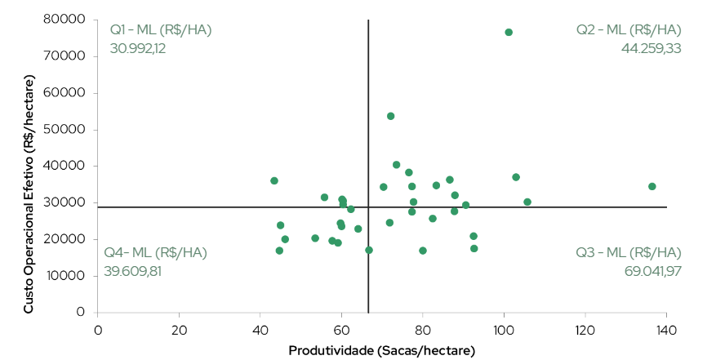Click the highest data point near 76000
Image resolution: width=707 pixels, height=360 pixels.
509,33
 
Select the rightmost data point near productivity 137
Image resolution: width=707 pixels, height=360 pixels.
652,187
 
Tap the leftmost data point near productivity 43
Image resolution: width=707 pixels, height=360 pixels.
274,181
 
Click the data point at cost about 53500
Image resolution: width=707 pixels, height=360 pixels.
390,117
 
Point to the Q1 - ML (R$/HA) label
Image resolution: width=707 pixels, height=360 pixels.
161,30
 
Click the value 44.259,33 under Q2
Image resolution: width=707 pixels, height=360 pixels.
651,48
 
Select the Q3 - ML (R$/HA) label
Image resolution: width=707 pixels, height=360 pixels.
629,252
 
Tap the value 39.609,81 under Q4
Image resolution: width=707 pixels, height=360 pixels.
132,271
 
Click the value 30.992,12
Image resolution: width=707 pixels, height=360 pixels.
138,48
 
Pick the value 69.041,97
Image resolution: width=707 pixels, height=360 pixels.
652,271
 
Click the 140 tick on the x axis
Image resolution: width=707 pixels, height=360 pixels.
666,330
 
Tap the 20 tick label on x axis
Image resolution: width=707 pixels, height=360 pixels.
179,330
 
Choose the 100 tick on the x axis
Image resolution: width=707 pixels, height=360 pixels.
504,330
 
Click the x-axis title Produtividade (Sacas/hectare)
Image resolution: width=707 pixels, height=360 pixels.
381,349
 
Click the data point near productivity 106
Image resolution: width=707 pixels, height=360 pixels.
527,202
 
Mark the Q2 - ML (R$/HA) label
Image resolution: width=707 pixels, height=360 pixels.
628,30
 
